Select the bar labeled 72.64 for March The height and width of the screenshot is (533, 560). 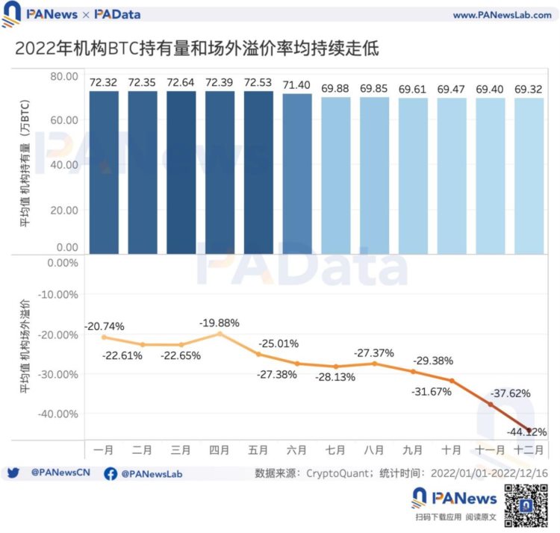[181, 172]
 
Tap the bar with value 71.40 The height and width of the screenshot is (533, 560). [297, 173]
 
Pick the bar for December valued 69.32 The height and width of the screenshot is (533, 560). [529, 175]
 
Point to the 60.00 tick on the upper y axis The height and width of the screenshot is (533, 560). [64, 119]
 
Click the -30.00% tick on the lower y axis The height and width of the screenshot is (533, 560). [59, 374]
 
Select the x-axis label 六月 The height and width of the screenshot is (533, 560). [297, 449]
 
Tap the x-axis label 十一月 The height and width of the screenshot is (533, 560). [491, 449]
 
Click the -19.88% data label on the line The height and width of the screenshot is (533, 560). [220, 322]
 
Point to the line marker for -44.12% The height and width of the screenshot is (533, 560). [529, 430]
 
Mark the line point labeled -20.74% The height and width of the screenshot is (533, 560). [104, 337]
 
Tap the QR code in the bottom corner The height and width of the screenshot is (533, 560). [523, 505]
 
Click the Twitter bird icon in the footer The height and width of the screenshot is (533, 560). [13, 473]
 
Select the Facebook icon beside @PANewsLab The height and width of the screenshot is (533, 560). [111, 473]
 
